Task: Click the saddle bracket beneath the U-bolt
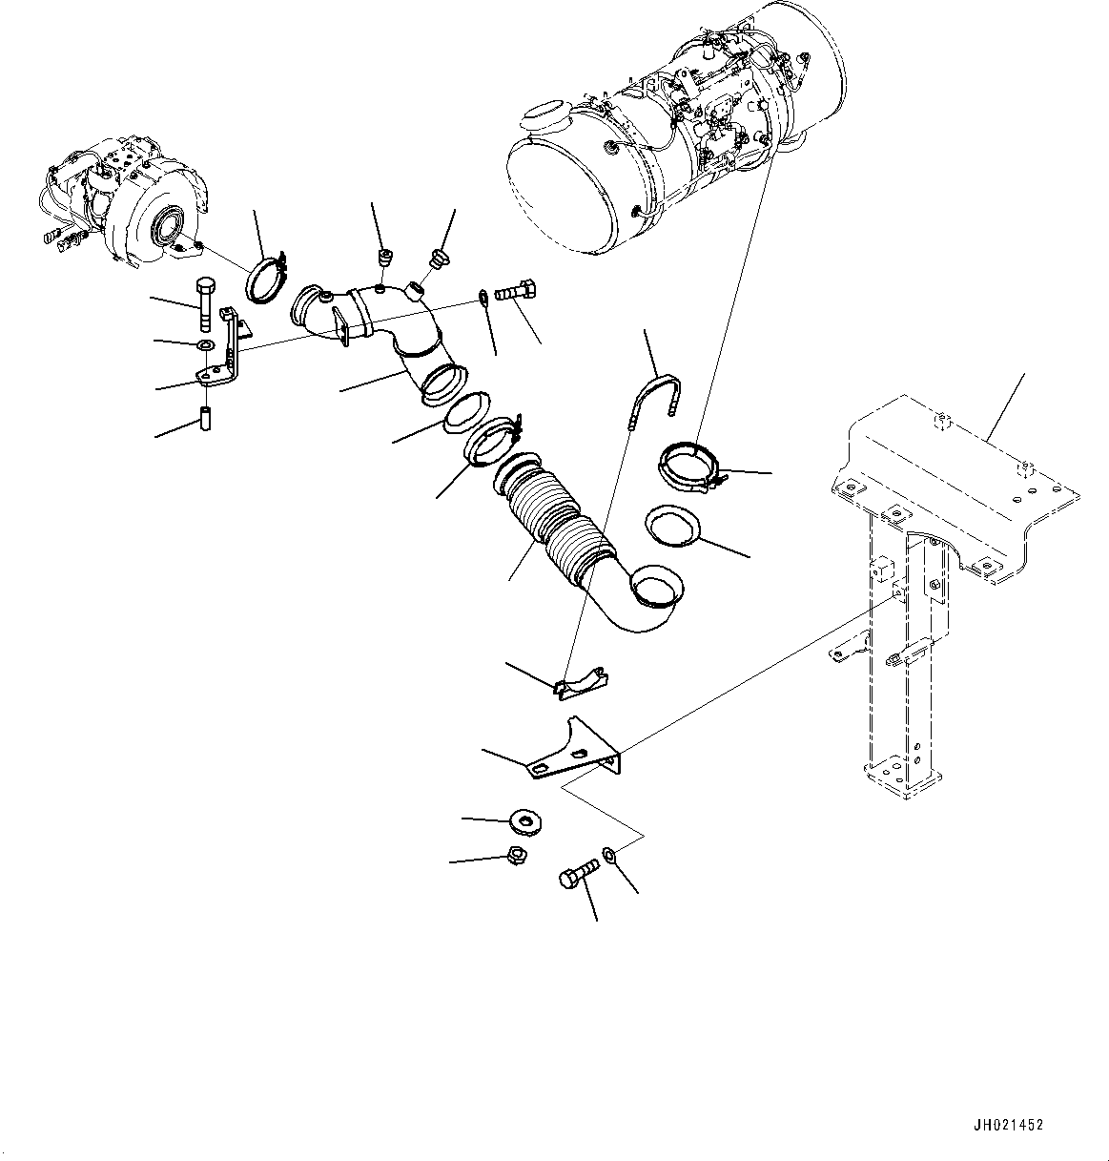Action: coord(582,680)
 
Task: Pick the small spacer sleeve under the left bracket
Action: coord(203,419)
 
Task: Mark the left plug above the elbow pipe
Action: coord(386,259)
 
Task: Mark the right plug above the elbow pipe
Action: coord(439,257)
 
